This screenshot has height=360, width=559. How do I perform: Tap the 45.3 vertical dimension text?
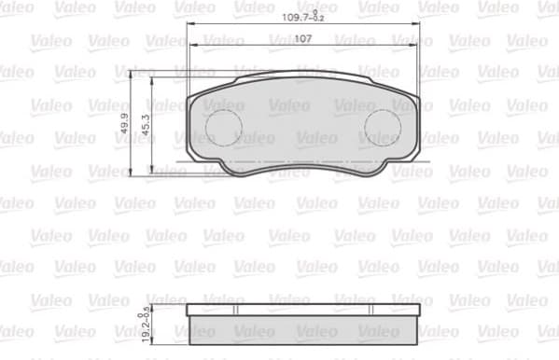coord(145,125)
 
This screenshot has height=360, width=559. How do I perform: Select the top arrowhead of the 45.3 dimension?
coord(149,81)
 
